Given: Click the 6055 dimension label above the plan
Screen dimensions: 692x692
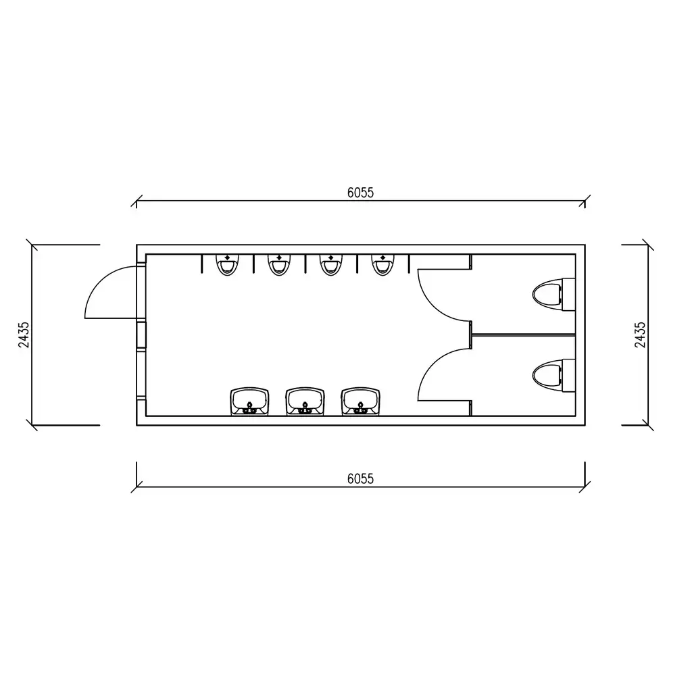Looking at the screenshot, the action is click(x=360, y=193).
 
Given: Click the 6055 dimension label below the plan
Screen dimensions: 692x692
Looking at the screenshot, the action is click(x=360, y=479).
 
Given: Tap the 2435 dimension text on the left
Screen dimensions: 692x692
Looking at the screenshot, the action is click(x=24, y=335).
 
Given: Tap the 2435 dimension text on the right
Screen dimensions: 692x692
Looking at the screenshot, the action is click(x=640, y=335).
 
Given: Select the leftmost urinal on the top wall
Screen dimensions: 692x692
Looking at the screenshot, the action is click(x=227, y=265).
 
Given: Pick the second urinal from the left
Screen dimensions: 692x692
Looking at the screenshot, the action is click(x=279, y=265).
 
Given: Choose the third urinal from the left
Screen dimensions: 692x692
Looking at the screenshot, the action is click(x=331, y=265).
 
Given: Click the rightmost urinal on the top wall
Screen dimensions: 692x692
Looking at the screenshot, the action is click(x=382, y=265).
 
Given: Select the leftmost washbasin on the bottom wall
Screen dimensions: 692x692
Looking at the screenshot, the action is click(x=249, y=401).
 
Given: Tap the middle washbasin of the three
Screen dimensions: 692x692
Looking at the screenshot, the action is click(x=305, y=401).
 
